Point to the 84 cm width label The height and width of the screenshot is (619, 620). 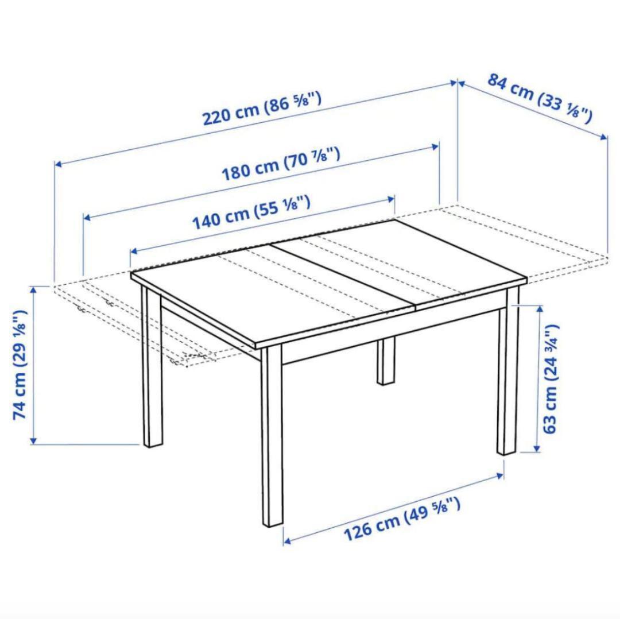click(x=539, y=98)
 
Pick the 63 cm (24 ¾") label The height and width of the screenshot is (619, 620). click(x=549, y=379)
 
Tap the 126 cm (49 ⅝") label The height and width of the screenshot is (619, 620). click(x=401, y=520)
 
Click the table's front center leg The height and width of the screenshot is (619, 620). click(x=273, y=436)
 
